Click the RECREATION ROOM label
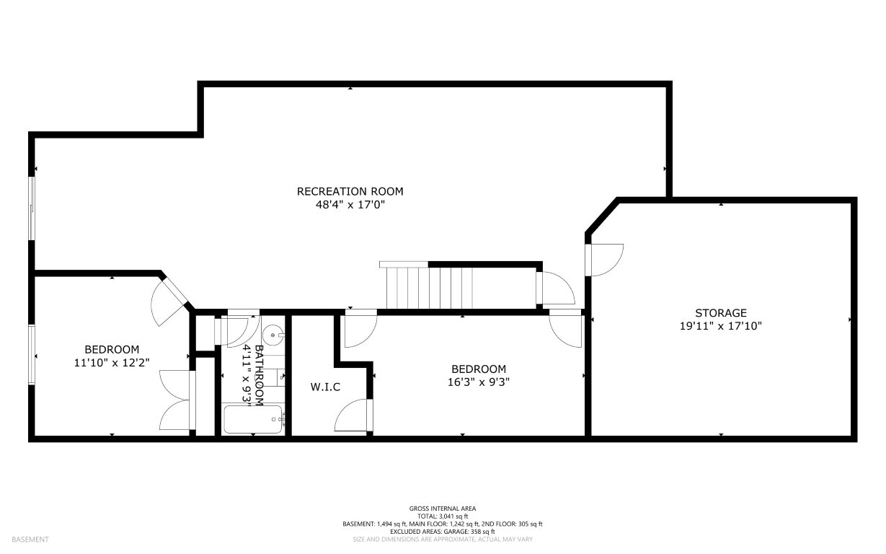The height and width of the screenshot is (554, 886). [350, 192]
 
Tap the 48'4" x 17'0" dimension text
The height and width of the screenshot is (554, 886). [350, 205]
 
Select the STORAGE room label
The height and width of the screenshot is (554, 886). [721, 313]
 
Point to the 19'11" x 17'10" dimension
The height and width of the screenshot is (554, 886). [721, 326]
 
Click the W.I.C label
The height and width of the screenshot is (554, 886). [325, 387]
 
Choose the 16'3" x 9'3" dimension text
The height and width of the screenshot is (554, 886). [479, 382]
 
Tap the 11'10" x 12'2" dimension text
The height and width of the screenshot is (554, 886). [112, 363]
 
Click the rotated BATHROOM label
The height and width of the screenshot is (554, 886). [259, 376]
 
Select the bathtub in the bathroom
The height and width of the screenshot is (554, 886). [254, 419]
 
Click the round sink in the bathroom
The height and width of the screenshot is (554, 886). [273, 335]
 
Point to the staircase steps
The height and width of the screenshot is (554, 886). [429, 288]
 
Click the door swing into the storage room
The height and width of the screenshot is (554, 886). [604, 260]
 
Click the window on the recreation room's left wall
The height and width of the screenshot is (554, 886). [32, 208]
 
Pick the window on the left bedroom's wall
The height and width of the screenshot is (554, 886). [32, 355]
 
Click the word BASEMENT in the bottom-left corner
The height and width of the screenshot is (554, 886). [30, 540]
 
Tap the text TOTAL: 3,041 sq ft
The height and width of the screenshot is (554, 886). [443, 516]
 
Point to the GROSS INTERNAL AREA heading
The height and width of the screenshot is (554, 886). [443, 509]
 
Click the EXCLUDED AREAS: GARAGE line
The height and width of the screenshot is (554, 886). [443, 532]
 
